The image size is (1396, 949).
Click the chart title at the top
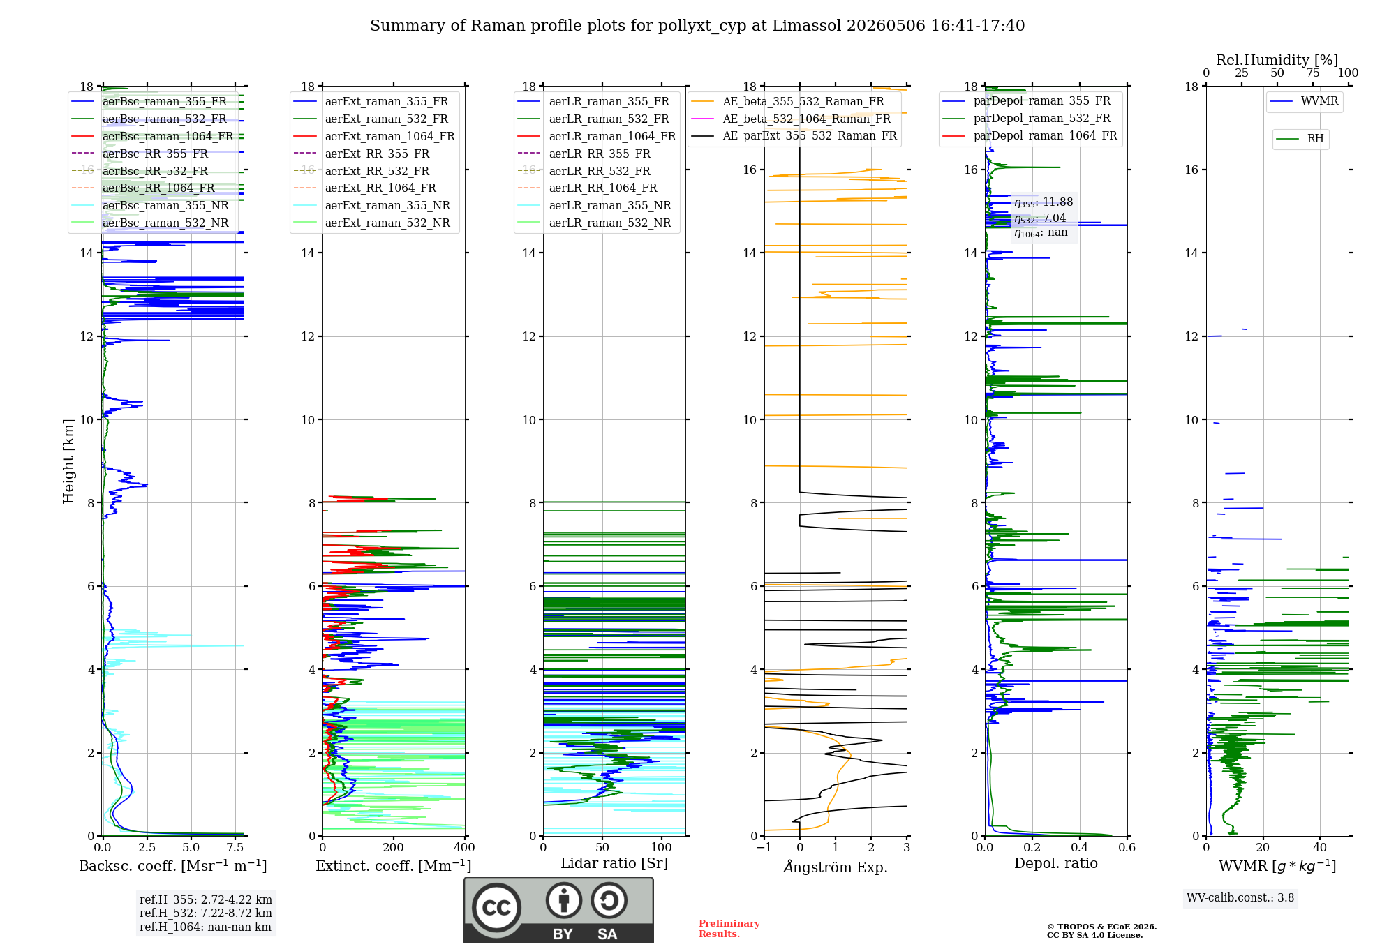pyautogui.click(x=697, y=26)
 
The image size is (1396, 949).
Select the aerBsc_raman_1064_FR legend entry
pyautogui.click(x=152, y=136)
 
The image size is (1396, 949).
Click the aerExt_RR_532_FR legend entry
pyautogui.click(x=362, y=171)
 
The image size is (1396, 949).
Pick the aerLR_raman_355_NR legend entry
pyautogui.click(x=595, y=205)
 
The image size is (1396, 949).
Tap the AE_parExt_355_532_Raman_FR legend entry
pyautogui.click(x=794, y=135)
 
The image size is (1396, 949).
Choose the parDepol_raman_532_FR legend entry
pyautogui.click(x=1027, y=119)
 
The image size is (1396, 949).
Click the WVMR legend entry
pyautogui.click(x=1305, y=101)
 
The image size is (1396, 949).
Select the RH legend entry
pyautogui.click(x=1300, y=139)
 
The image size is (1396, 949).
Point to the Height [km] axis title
pyautogui.click(x=68, y=461)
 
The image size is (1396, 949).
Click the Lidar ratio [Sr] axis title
pyautogui.click(x=614, y=863)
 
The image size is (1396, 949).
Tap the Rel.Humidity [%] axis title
pyautogui.click(x=1277, y=60)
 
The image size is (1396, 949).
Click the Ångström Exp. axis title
pyautogui.click(x=836, y=867)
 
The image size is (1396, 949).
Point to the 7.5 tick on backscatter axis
pyautogui.click(x=235, y=847)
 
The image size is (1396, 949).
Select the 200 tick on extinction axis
pyautogui.click(x=394, y=847)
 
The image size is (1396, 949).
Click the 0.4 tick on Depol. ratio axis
pyautogui.click(x=1080, y=847)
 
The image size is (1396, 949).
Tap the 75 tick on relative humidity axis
pyautogui.click(x=1313, y=73)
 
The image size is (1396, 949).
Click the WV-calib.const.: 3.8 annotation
pyautogui.click(x=1240, y=898)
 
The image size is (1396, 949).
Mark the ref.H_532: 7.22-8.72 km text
pyautogui.click(x=206, y=913)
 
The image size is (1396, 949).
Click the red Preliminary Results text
pyautogui.click(x=729, y=929)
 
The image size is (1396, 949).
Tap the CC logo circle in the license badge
pyautogui.click(x=496, y=908)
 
